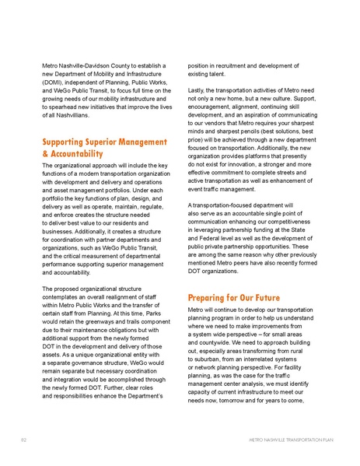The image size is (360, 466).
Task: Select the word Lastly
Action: (198, 92)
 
